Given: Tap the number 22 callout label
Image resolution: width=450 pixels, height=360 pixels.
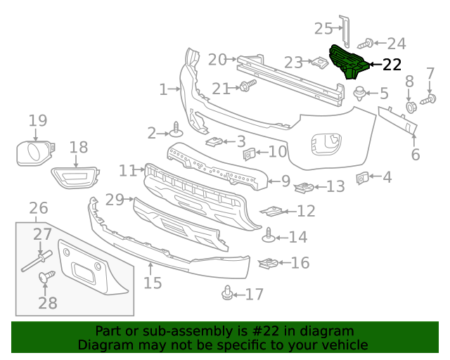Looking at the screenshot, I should (x=392, y=65).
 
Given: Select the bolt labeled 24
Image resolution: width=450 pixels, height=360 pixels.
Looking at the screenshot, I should (x=367, y=44).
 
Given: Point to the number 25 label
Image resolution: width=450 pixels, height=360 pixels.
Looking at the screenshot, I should (x=323, y=28).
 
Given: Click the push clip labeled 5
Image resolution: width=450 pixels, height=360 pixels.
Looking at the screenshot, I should (x=360, y=92).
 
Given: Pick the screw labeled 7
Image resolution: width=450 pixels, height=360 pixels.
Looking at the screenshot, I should (x=427, y=101).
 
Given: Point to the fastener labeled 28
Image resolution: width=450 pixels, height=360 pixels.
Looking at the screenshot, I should (x=47, y=278).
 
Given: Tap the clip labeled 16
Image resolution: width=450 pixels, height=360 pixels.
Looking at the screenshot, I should (x=268, y=264).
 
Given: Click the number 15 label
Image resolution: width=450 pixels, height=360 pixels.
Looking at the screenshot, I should (x=153, y=283).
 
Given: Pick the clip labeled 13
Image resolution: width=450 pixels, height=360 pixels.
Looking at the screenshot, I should (x=302, y=187).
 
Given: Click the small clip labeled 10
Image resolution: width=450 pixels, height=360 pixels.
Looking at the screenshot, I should (x=248, y=153).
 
